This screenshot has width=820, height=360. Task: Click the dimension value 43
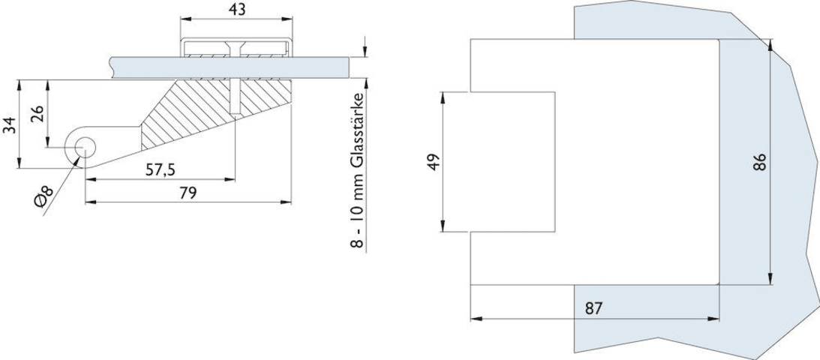[x=236, y=9]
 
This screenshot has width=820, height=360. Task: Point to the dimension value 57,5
[x=160, y=170]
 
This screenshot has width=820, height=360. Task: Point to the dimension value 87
[x=594, y=307]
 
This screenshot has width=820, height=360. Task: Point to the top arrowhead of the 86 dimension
[x=770, y=43]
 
